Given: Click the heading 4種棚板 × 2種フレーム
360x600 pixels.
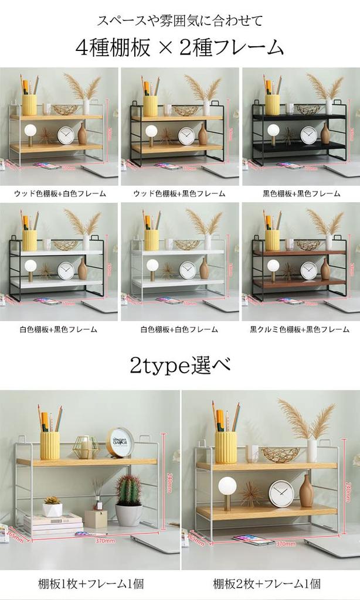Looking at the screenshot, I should (x=179, y=47).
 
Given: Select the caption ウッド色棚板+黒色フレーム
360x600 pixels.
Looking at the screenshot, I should (x=179, y=193).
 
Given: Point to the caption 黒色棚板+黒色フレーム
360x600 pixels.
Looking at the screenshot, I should (x=301, y=193).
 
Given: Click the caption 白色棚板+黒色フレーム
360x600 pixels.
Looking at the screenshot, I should (x=59, y=329).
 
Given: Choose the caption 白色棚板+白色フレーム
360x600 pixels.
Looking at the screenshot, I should (x=179, y=329).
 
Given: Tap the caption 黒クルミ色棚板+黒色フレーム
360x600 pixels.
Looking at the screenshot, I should (x=300, y=329).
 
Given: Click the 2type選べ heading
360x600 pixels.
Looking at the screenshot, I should (x=179, y=366).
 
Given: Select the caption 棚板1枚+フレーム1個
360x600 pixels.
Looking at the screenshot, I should (x=90, y=584).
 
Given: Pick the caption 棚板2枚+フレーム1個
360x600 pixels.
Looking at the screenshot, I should (x=270, y=584).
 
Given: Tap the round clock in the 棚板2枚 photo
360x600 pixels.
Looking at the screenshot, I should (x=281, y=493).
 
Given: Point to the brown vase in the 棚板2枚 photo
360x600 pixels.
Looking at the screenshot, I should (x=306, y=491).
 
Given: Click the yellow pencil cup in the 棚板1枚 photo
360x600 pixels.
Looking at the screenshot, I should (x=50, y=445).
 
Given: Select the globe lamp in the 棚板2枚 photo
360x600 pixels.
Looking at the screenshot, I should (x=227, y=488).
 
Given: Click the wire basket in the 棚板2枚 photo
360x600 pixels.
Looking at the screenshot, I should (x=280, y=454).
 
